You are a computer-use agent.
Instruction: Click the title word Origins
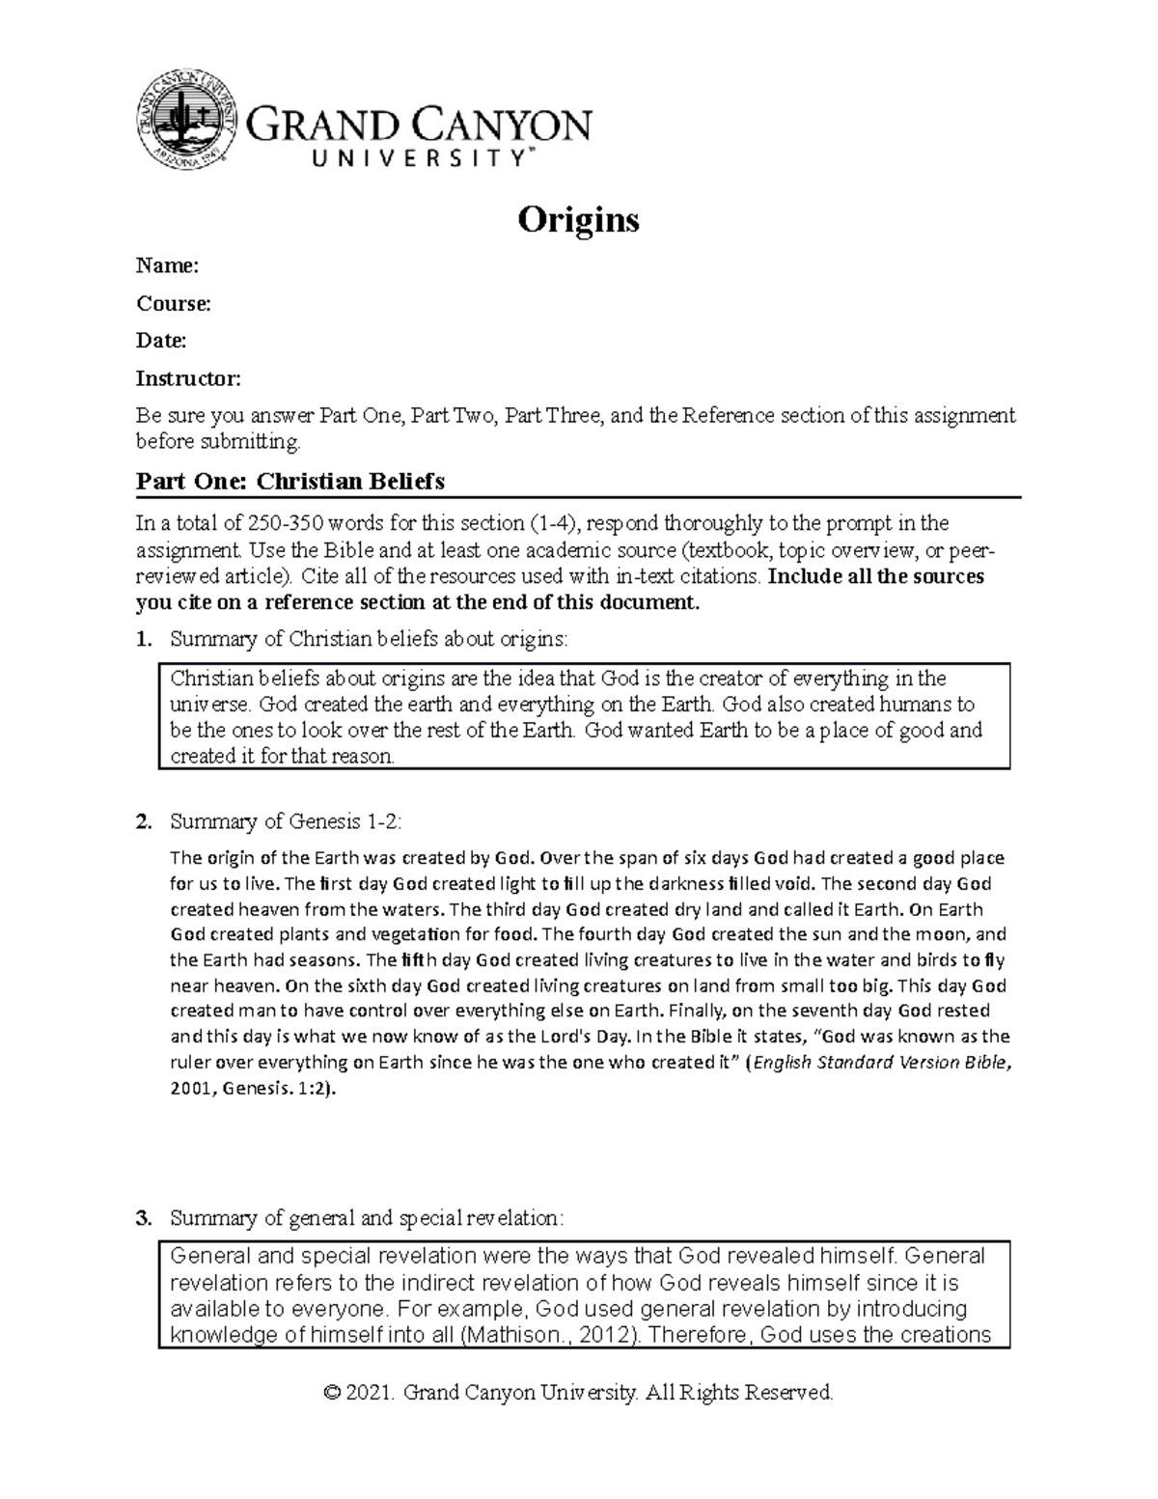578,220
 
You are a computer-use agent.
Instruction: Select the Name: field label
167,265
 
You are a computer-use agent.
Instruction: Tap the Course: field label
173,303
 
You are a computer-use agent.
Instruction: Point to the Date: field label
161,340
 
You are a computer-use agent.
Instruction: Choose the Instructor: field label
188,377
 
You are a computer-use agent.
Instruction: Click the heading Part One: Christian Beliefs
289,481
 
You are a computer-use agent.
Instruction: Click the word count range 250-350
287,524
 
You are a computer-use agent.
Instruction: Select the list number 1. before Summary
144,638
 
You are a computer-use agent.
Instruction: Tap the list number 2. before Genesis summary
144,822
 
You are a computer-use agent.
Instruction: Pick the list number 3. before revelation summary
144,1218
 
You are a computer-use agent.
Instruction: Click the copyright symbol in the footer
333,1393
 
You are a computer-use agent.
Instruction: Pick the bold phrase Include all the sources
875,577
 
